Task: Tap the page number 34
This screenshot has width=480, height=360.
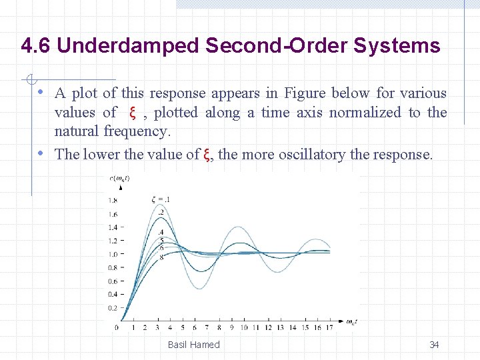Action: (434, 345)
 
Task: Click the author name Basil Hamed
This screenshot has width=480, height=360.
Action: (193, 345)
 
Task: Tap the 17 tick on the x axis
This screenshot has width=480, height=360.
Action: (330, 327)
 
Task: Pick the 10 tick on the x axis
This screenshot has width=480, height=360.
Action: (243, 327)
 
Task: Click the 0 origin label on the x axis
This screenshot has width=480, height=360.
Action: (117, 327)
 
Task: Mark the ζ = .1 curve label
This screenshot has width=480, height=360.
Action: (161, 199)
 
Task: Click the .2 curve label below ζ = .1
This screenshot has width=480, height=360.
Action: (161, 212)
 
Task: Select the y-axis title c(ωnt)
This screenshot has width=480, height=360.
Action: (120, 177)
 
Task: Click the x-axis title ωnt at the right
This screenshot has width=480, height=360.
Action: (351, 322)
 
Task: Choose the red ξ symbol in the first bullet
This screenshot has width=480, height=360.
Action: (132, 113)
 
